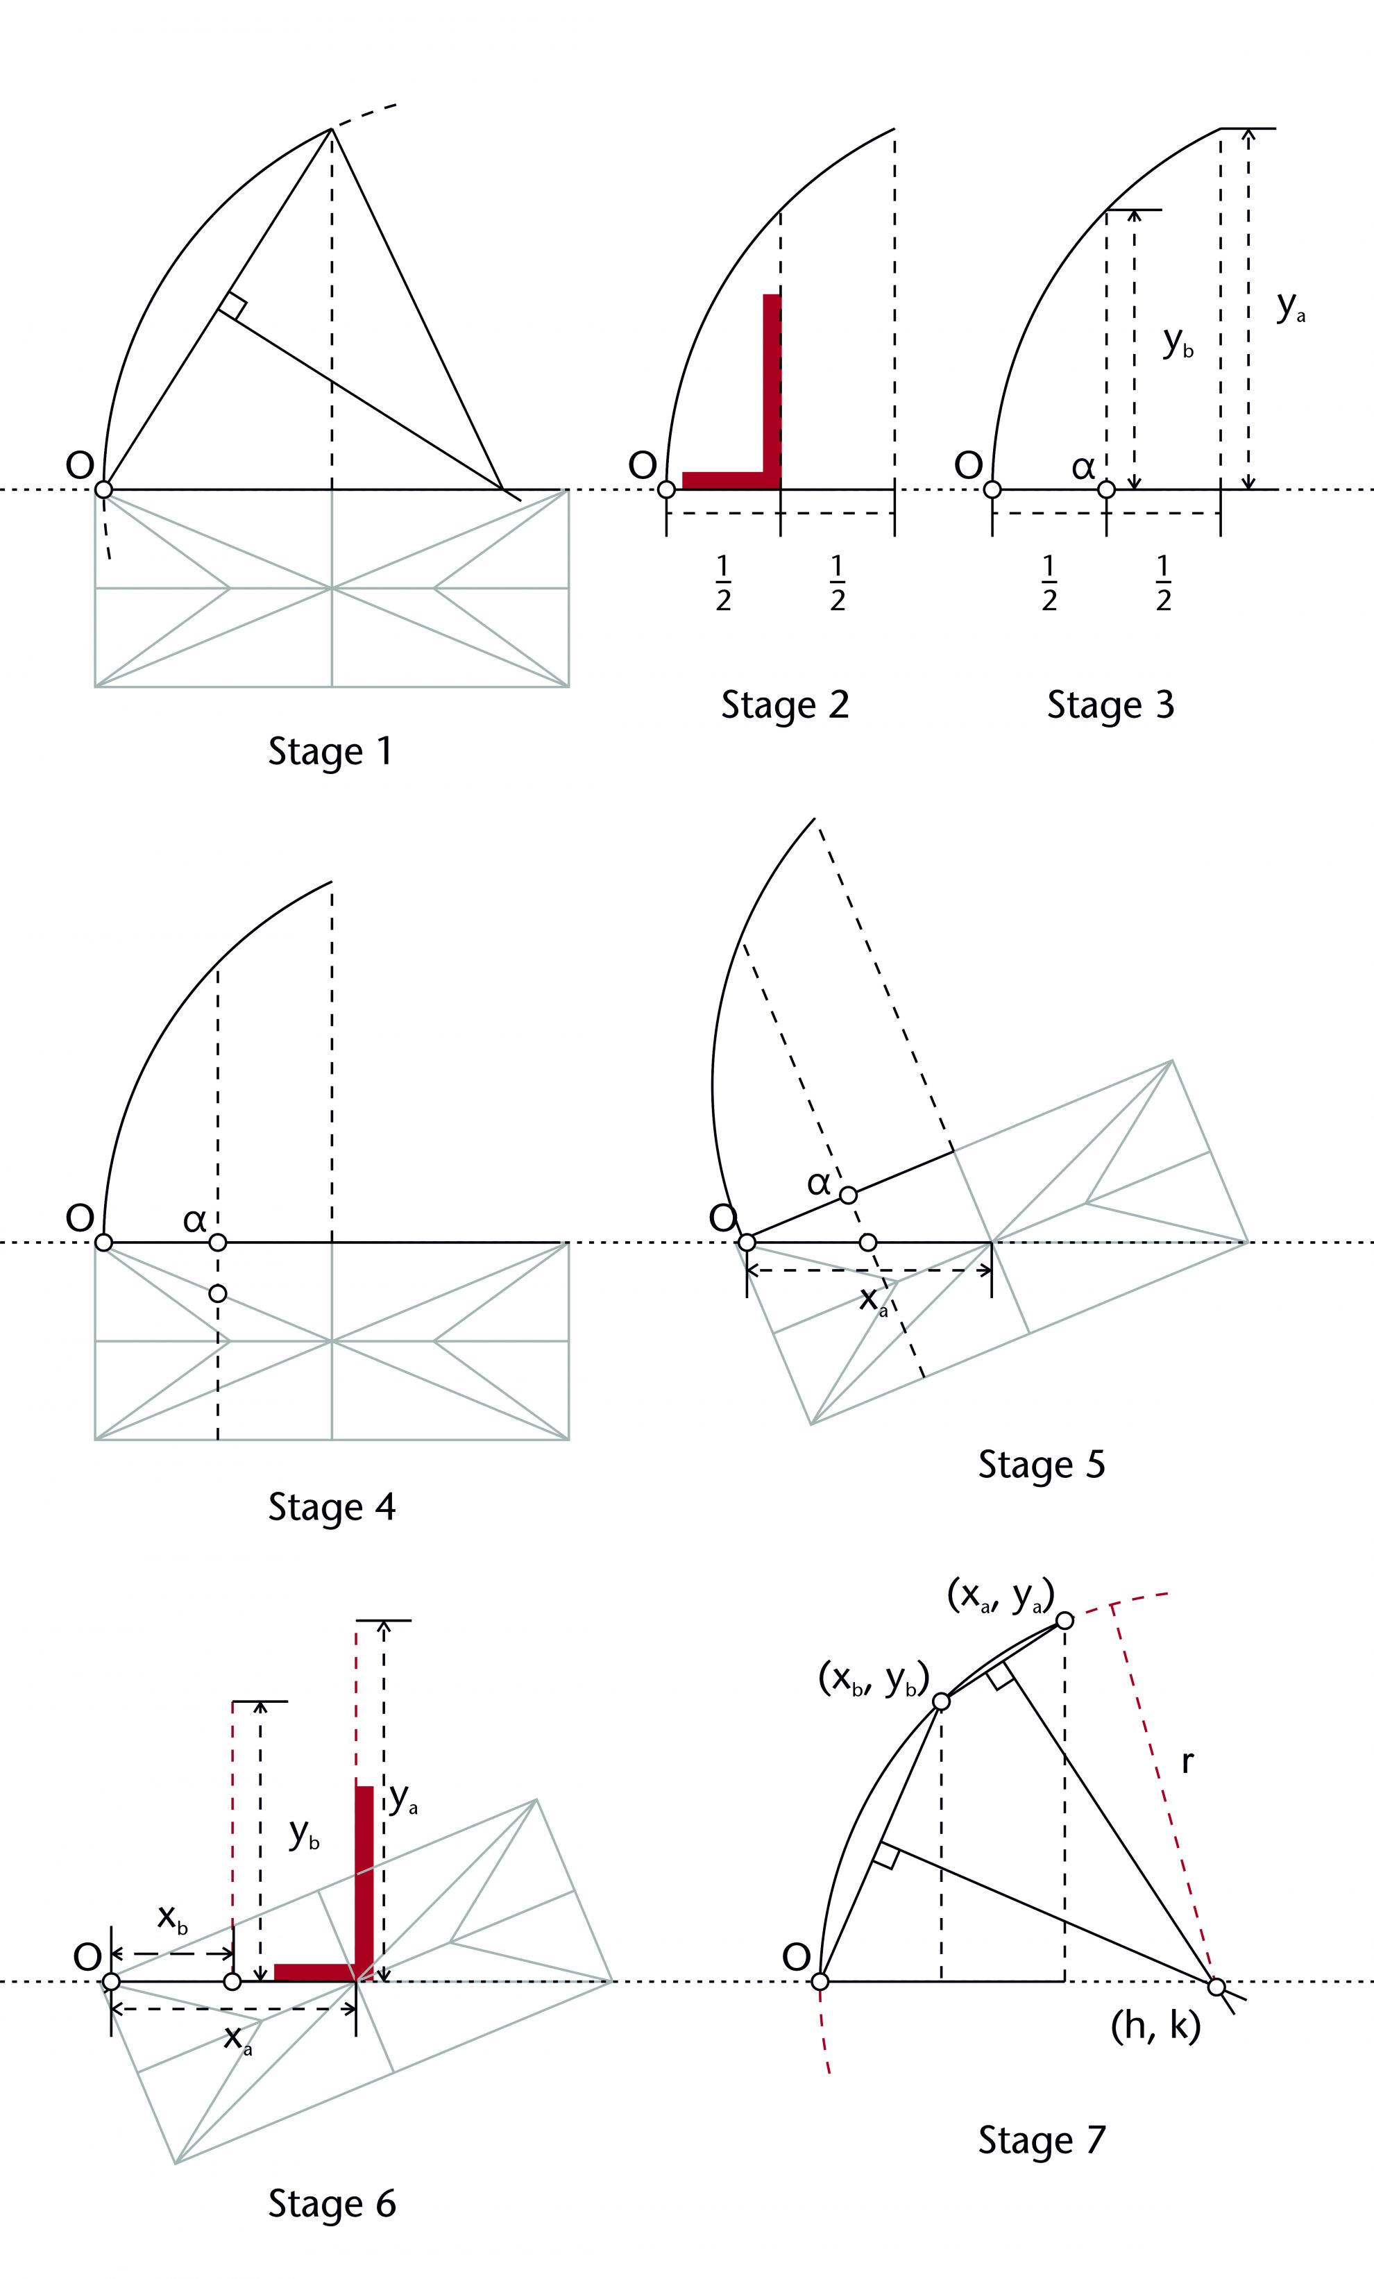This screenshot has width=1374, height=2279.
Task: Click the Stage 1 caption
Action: click(x=330, y=750)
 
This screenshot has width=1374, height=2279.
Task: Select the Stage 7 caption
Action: click(x=1041, y=2139)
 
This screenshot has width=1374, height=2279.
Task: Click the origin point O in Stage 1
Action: click(x=103, y=489)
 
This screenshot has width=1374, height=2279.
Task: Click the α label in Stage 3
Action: click(x=1083, y=467)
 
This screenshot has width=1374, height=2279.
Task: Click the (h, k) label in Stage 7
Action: click(x=1155, y=2026)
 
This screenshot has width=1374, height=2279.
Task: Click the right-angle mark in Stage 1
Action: click(x=234, y=306)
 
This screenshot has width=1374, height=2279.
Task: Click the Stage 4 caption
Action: click(x=331, y=1506)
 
